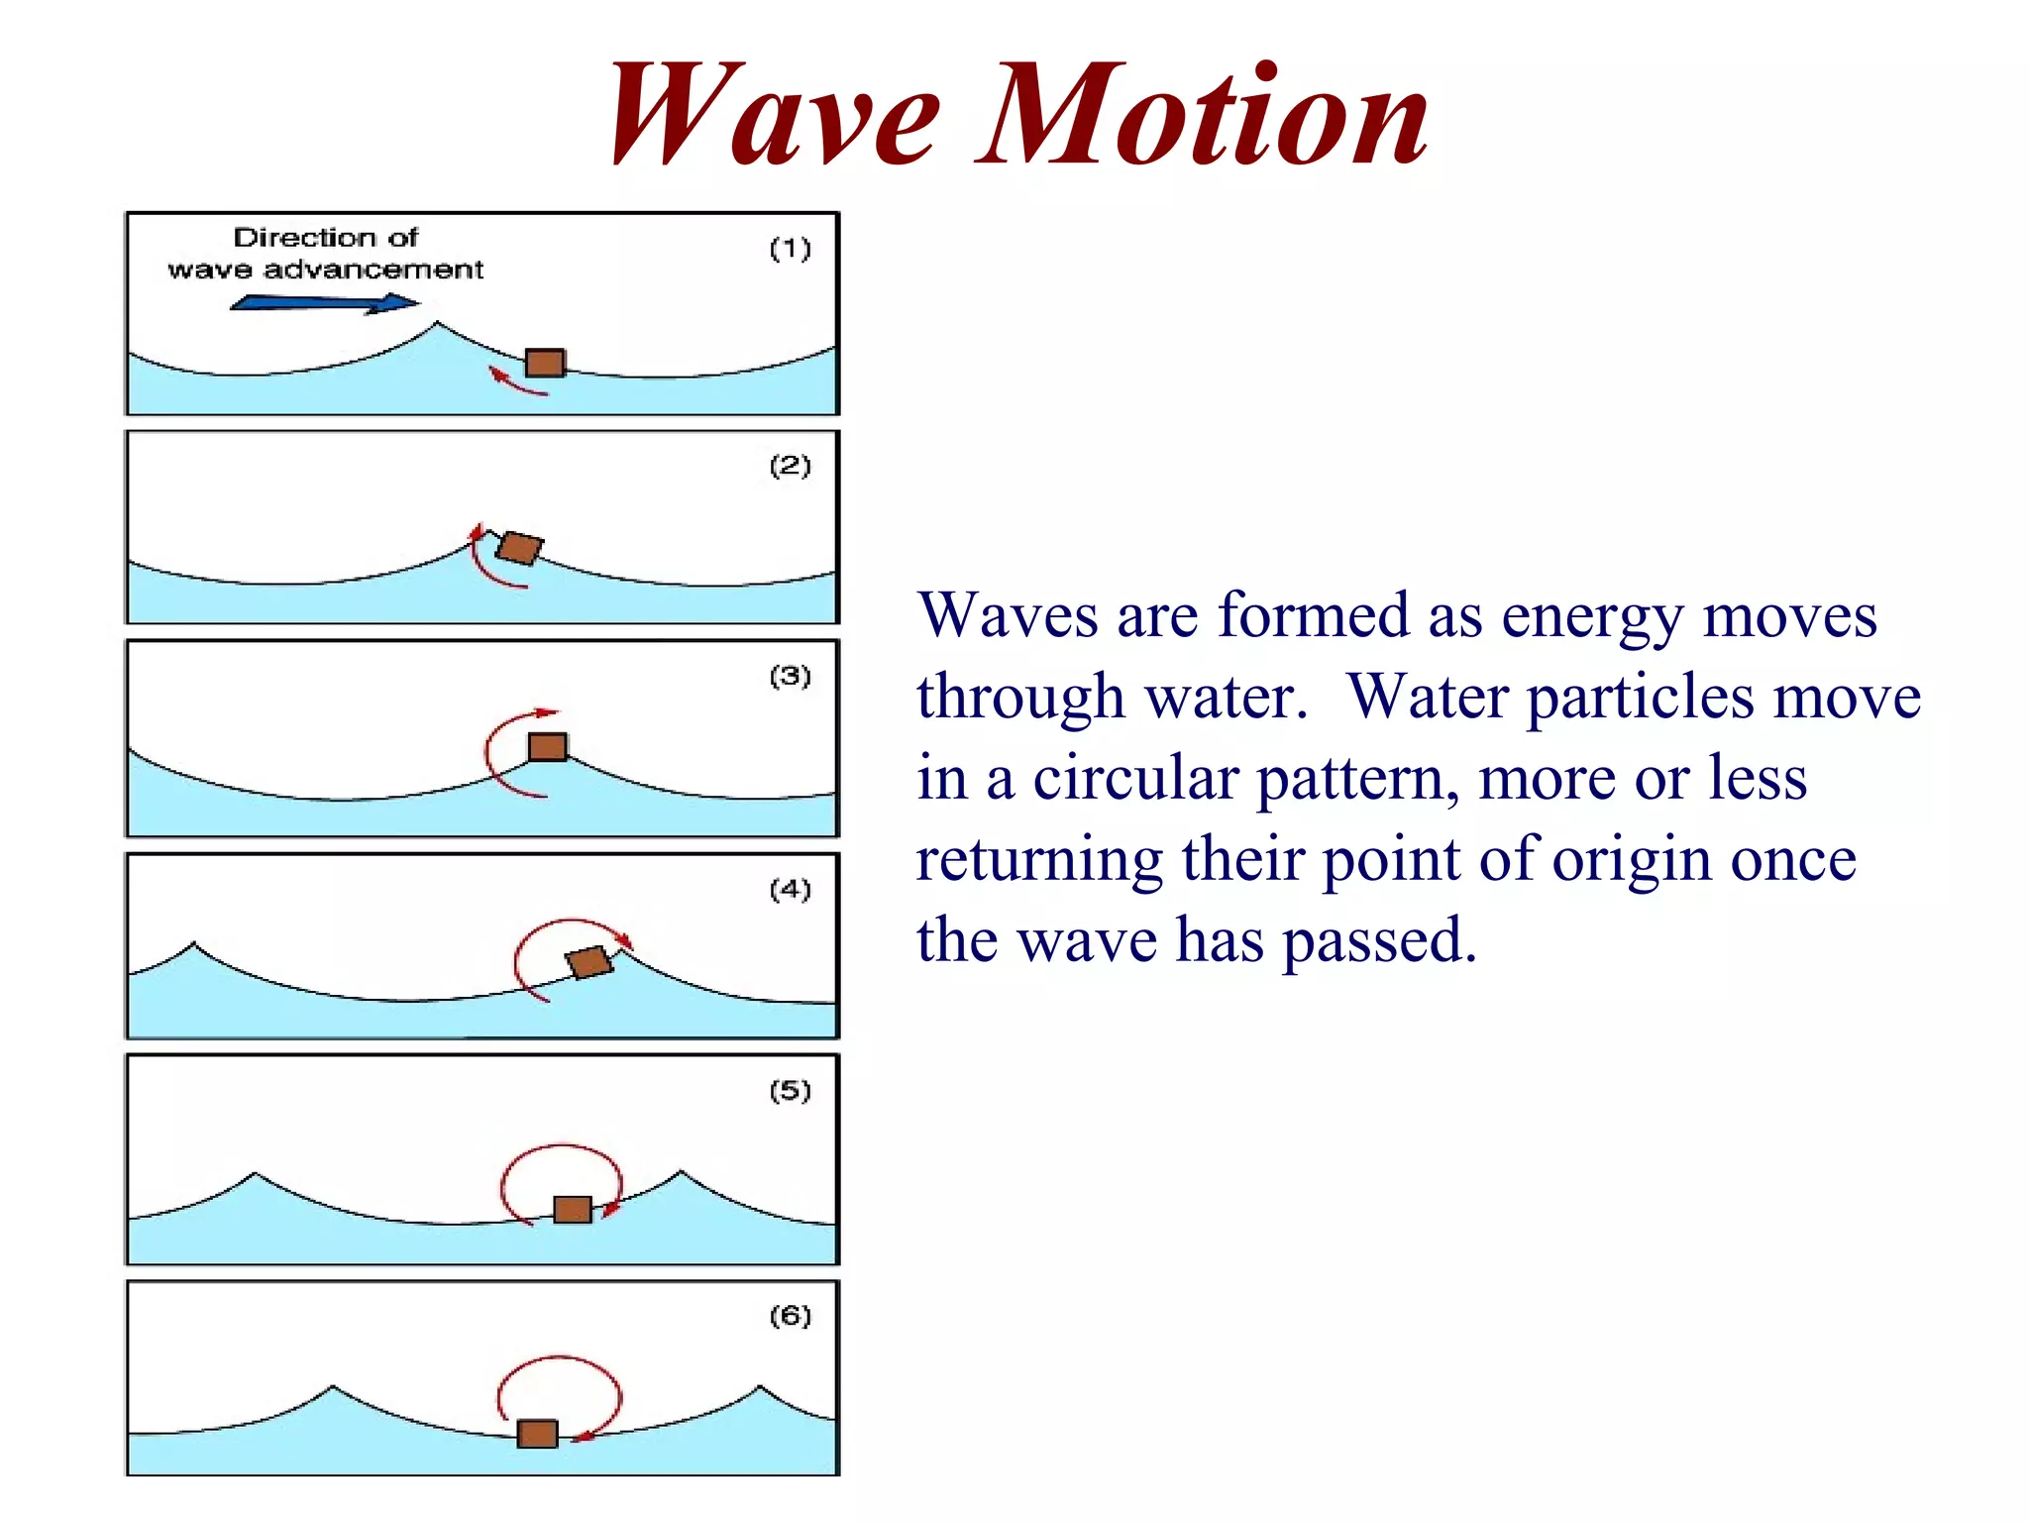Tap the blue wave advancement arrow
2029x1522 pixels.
[x=325, y=303]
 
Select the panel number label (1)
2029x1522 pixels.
[x=791, y=248]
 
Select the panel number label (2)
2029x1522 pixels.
[x=791, y=466]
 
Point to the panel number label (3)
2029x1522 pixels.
[x=791, y=676]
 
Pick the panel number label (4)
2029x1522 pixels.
[x=791, y=889]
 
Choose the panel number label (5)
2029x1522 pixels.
[x=791, y=1091]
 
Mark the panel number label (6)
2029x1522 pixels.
[x=791, y=1316]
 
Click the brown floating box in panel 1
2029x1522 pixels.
[x=545, y=363]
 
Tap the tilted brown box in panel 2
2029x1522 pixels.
[x=520, y=548]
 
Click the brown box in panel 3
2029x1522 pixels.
[x=548, y=746]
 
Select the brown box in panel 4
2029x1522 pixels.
[x=589, y=961]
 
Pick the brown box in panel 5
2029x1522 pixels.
[x=573, y=1209]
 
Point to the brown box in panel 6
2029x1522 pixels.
[x=538, y=1433]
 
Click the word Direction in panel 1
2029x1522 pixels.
[x=304, y=238]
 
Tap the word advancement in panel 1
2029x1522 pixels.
[x=374, y=270]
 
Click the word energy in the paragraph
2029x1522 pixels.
[x=1591, y=616]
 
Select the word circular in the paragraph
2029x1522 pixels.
[x=1135, y=778]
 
